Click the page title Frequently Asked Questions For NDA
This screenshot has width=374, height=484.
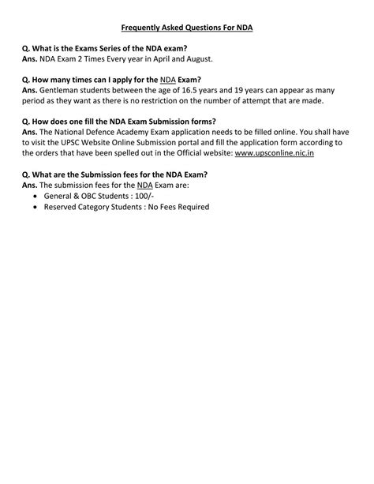click(x=187, y=28)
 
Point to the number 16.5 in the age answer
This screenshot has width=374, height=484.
click(x=182, y=90)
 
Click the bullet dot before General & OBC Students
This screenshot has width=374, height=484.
click(x=37, y=194)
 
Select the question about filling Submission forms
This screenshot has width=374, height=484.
click(x=118, y=121)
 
